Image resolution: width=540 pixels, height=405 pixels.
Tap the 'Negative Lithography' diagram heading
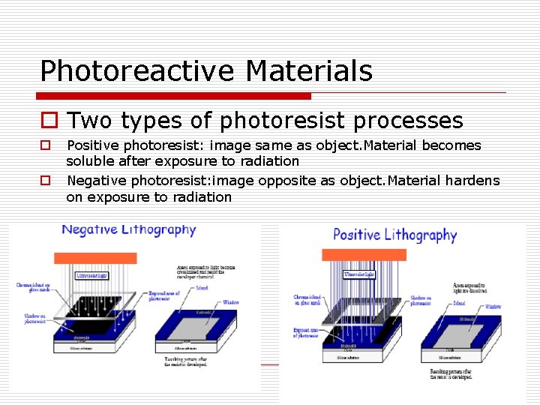(x=128, y=230)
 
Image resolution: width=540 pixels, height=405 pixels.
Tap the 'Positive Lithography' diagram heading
(x=394, y=235)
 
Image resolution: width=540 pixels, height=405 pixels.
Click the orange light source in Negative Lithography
(x=95, y=257)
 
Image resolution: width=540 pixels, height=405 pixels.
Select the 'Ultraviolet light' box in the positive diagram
(x=359, y=274)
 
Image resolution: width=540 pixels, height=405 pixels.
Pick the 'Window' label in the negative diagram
(x=232, y=302)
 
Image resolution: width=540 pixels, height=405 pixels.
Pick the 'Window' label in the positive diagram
(x=493, y=306)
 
